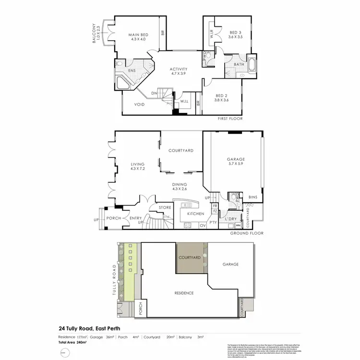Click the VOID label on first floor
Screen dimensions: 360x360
click(140, 104)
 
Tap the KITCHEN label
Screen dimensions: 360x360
click(196, 214)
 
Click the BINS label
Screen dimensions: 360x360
click(253, 197)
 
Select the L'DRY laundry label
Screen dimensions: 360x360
click(231, 219)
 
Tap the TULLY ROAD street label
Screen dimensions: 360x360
click(114, 278)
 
